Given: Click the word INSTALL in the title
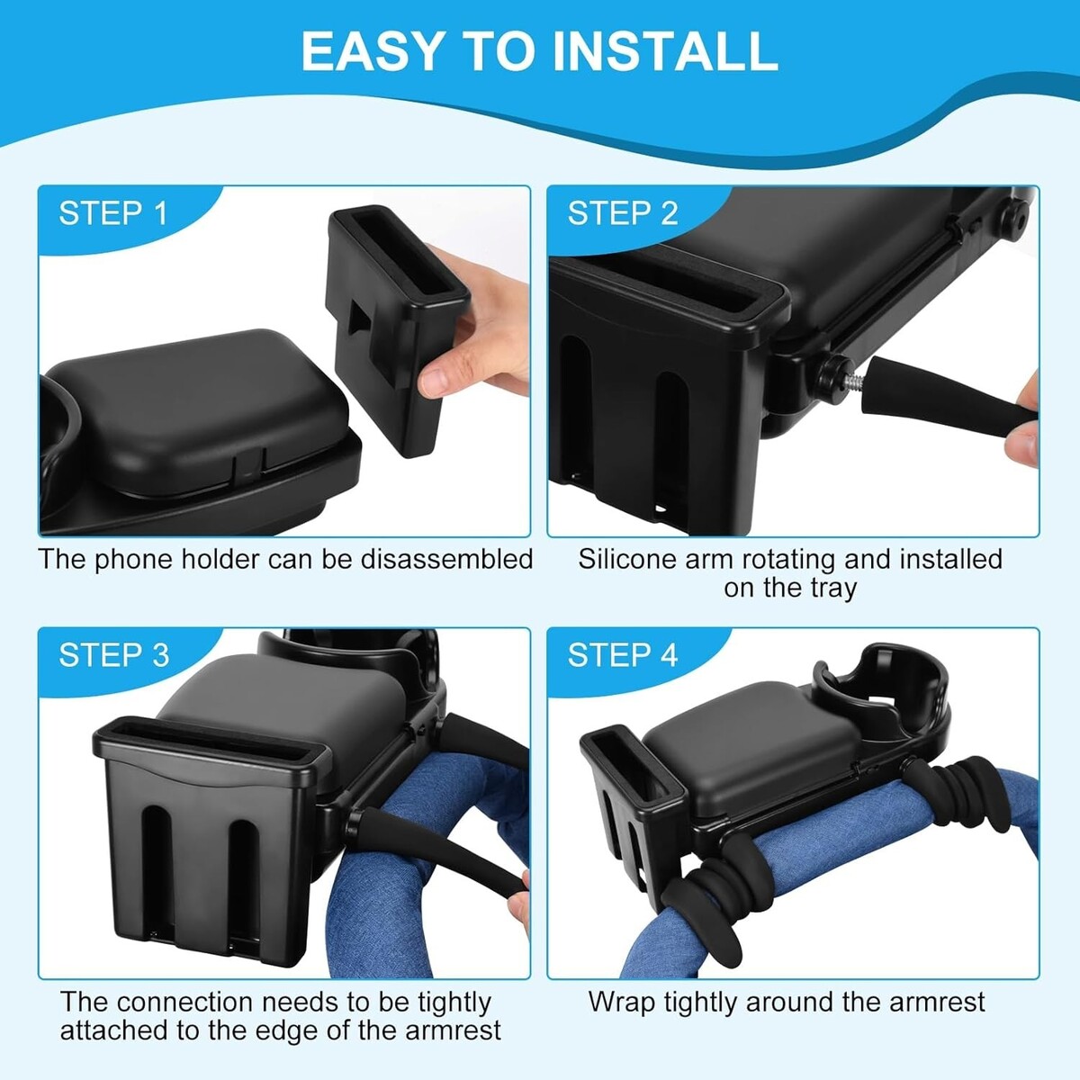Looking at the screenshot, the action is (665, 51).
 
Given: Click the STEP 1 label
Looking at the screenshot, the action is (113, 213).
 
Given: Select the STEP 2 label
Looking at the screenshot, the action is (623, 213).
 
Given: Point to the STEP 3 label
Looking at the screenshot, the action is (113, 655).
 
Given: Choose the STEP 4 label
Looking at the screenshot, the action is (623, 655).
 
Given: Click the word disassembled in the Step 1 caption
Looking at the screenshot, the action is (446, 559).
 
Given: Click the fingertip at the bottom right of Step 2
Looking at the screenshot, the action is (1020, 448).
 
